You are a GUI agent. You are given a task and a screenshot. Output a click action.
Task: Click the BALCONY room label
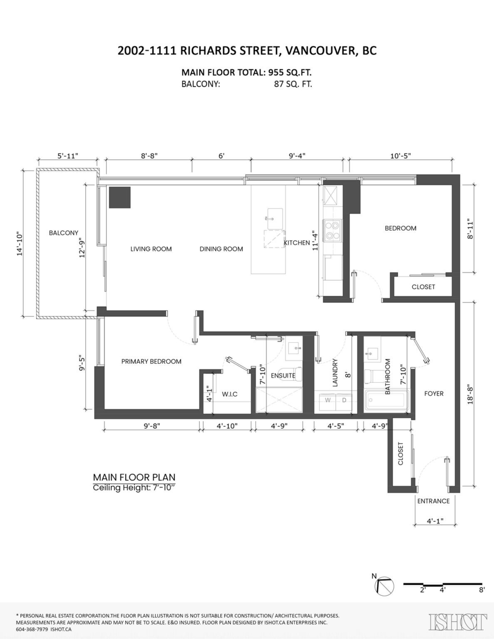63,233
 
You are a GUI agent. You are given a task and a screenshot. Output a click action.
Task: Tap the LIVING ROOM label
151,249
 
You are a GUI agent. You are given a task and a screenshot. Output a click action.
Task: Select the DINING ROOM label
221,249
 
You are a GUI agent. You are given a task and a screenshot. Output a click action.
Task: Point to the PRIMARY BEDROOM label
151,361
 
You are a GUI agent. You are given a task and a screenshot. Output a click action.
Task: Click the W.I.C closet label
229,394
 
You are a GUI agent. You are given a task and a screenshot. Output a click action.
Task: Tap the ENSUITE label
282,375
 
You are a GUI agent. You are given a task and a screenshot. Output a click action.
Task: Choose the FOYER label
434,394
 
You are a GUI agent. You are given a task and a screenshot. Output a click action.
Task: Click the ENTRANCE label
433,501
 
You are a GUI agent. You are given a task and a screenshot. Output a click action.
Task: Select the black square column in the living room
120,197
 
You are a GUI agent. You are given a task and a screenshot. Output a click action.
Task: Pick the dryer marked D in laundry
344,399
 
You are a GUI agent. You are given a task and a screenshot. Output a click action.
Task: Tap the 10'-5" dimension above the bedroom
400,156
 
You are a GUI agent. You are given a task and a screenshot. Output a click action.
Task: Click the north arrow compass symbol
385,586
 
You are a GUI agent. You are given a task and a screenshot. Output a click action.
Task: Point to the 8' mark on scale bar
481,590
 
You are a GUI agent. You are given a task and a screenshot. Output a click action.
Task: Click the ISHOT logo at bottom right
458,621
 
